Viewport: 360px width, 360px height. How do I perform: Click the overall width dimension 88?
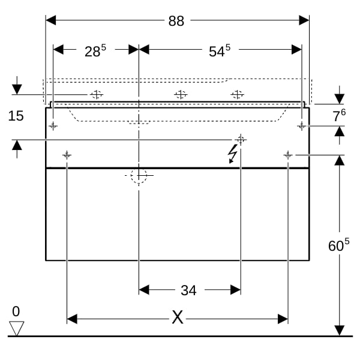click(x=176, y=21)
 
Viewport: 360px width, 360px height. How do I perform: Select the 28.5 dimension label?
click(x=95, y=52)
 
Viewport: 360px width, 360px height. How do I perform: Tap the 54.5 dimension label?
click(x=219, y=52)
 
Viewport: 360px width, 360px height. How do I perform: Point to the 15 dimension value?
click(x=16, y=116)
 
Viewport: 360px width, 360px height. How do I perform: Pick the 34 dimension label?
click(x=188, y=290)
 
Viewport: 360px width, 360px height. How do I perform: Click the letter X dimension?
click(x=178, y=318)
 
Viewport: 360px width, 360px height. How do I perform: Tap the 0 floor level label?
click(x=16, y=311)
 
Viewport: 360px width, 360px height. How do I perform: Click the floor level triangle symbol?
click(x=16, y=328)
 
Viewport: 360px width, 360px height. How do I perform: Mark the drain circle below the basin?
click(x=139, y=175)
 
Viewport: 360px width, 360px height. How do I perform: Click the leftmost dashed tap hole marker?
click(x=97, y=94)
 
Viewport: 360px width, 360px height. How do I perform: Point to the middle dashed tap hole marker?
click(x=181, y=94)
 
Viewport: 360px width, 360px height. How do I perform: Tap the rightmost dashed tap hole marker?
click(x=238, y=94)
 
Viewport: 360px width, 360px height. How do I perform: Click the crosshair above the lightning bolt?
click(x=241, y=140)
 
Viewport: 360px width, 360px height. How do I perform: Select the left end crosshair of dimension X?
click(x=67, y=155)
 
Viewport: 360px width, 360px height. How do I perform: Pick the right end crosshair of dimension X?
click(x=288, y=155)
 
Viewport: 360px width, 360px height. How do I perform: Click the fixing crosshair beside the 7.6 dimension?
click(x=302, y=126)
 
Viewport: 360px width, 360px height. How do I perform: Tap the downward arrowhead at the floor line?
click(x=340, y=331)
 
